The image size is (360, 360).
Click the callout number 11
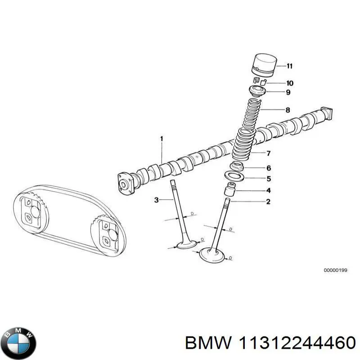[x=289, y=66]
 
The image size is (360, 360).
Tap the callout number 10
[x=289, y=83]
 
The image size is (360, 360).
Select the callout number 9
[x=288, y=93]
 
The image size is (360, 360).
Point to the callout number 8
[x=288, y=110]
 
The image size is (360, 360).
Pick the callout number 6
[x=269, y=168]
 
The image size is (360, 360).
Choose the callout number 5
[x=269, y=178]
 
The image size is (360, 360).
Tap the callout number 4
[x=269, y=191]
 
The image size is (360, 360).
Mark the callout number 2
[x=269, y=202]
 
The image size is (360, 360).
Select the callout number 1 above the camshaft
[x=162, y=139]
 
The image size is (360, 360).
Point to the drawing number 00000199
[x=335, y=270]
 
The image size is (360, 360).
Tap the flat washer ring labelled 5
[x=234, y=175]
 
